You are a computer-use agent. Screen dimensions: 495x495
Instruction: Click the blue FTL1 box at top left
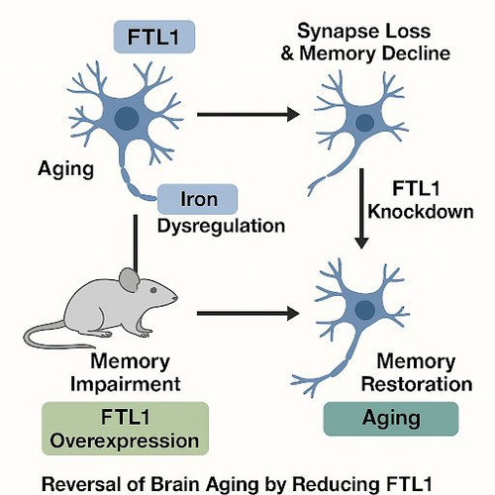coord(154,37)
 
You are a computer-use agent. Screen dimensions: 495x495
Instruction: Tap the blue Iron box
coord(198,199)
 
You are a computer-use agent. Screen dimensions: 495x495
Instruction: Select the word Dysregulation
coord(221,227)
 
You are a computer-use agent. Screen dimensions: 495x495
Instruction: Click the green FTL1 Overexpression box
coord(126,429)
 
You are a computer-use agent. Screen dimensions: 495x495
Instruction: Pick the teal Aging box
coord(391,419)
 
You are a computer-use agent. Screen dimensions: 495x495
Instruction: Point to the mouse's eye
coord(153,290)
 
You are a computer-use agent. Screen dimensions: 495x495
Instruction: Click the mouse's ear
coord(129,280)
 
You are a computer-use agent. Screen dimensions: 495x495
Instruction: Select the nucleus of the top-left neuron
coord(127,118)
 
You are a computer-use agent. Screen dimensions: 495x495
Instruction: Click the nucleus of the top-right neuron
coord(364,123)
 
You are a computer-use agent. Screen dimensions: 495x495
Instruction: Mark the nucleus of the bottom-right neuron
coord(364,310)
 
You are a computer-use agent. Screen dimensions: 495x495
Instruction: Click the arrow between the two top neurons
coord(248,115)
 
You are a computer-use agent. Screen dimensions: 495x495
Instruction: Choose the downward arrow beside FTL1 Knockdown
coord(361,209)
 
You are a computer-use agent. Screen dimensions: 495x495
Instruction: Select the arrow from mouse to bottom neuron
coord(248,313)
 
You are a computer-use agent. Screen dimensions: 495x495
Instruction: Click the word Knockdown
coord(421,212)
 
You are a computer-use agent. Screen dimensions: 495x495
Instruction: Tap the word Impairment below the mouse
coord(126,384)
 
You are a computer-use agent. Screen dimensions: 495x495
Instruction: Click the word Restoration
coord(417,384)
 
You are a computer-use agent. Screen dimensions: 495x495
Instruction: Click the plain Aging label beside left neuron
coord(65,169)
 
